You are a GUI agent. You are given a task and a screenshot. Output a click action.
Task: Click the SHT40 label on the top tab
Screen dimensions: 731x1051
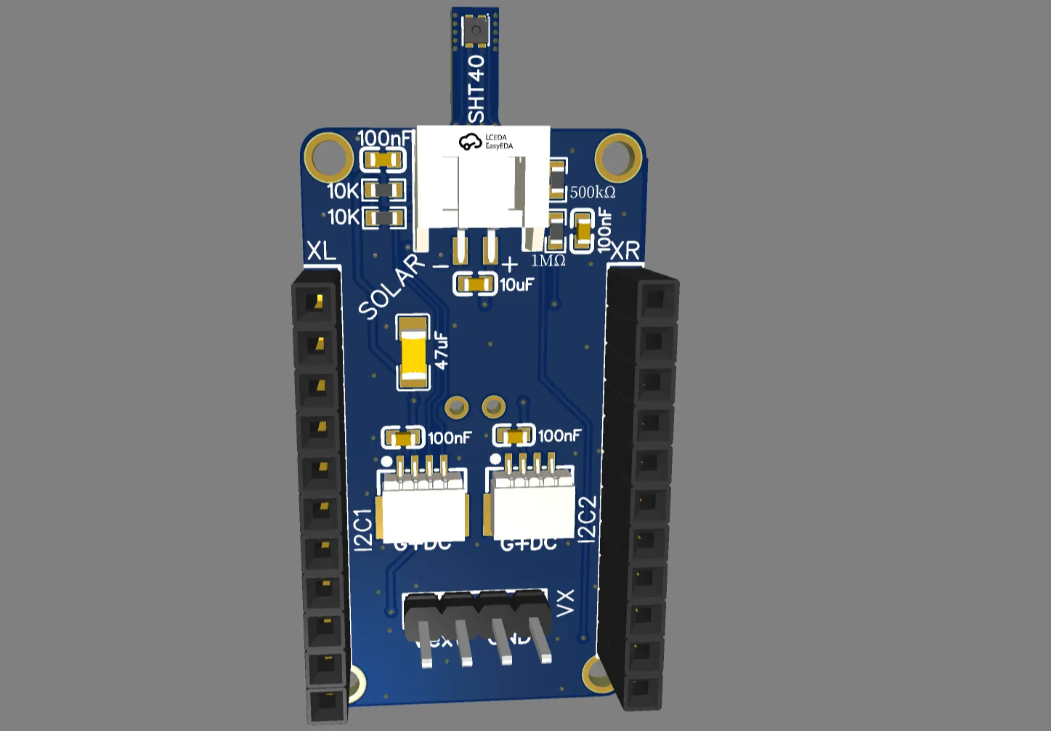coord(476,89)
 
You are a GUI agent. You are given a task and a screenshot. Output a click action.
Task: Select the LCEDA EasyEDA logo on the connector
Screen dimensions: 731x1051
coord(486,141)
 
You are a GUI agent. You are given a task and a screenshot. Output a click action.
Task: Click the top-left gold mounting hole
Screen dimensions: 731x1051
coord(328,156)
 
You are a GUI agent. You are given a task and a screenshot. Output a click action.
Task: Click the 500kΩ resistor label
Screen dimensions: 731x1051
coord(593,193)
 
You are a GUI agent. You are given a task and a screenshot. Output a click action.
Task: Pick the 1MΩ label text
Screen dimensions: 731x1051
coord(548,261)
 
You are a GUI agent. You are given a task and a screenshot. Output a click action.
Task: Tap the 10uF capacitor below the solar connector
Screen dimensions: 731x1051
coord(475,284)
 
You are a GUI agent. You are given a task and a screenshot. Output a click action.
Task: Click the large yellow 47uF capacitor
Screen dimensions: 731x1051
coord(413,352)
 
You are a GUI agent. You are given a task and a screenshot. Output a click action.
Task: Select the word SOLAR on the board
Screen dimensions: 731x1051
coord(392,287)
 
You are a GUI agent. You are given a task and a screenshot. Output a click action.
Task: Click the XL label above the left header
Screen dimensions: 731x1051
coord(321,251)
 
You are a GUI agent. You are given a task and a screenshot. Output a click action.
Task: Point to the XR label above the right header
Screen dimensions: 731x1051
coord(625,251)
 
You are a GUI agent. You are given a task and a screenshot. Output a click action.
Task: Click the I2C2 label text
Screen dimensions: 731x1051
coord(587,519)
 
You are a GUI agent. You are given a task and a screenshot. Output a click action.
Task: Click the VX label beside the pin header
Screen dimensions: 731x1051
coord(565,603)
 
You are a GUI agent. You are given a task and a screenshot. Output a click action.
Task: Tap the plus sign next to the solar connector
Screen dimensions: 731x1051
coord(510,264)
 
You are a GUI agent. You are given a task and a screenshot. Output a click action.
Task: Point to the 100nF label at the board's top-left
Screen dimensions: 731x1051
coord(384,138)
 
